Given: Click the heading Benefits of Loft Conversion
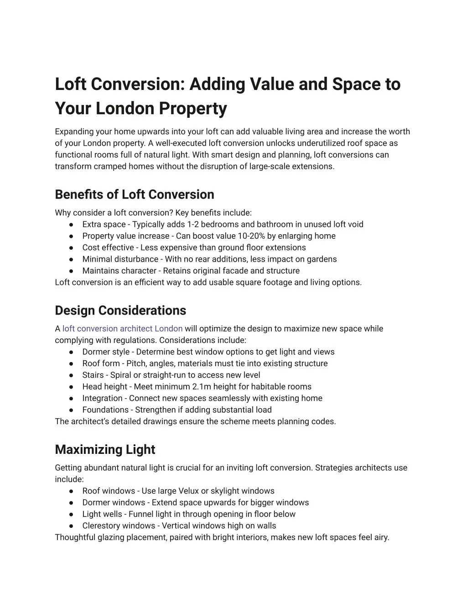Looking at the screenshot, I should pyautogui.click(x=134, y=195).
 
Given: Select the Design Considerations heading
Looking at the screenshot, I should pyautogui.click(x=120, y=310).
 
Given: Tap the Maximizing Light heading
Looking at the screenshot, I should pyautogui.click(x=105, y=450).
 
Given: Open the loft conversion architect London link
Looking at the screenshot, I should pyautogui.click(x=122, y=329).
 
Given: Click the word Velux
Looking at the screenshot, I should pyautogui.click(x=188, y=491).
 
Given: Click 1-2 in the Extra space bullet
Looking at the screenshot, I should pyautogui.click(x=192, y=224).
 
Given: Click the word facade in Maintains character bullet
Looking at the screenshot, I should pyautogui.click(x=235, y=271).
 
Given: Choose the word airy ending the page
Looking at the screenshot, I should pyautogui.click(x=381, y=537).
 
